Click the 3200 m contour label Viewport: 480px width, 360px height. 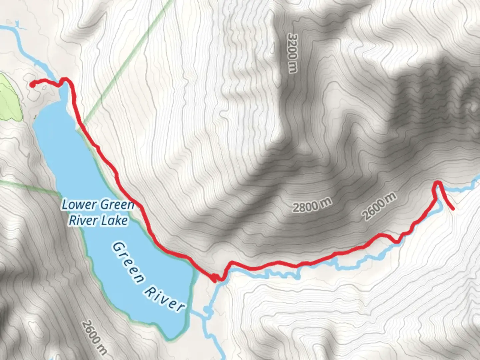click(292, 53)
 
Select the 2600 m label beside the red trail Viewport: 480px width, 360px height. click(380, 206)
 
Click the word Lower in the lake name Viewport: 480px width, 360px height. click(79, 205)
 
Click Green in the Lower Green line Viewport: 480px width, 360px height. click(117, 205)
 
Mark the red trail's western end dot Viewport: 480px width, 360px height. click(32, 85)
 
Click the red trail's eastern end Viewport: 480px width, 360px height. click(453, 209)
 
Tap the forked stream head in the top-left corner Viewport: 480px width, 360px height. click(16, 24)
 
